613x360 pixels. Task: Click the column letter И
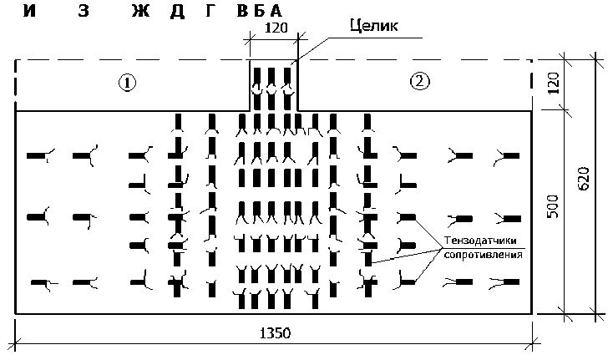coord(30,12)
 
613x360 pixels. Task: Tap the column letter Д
coord(177,12)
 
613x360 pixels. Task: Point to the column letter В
coord(242,12)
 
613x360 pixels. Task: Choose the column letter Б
coord(259,12)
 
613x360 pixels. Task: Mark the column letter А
coord(276,12)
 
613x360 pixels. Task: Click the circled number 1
coord(126,83)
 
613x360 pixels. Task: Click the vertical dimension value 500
coord(552,211)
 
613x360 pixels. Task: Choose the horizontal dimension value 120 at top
coord(276,28)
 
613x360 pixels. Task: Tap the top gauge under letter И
coord(38,155)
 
